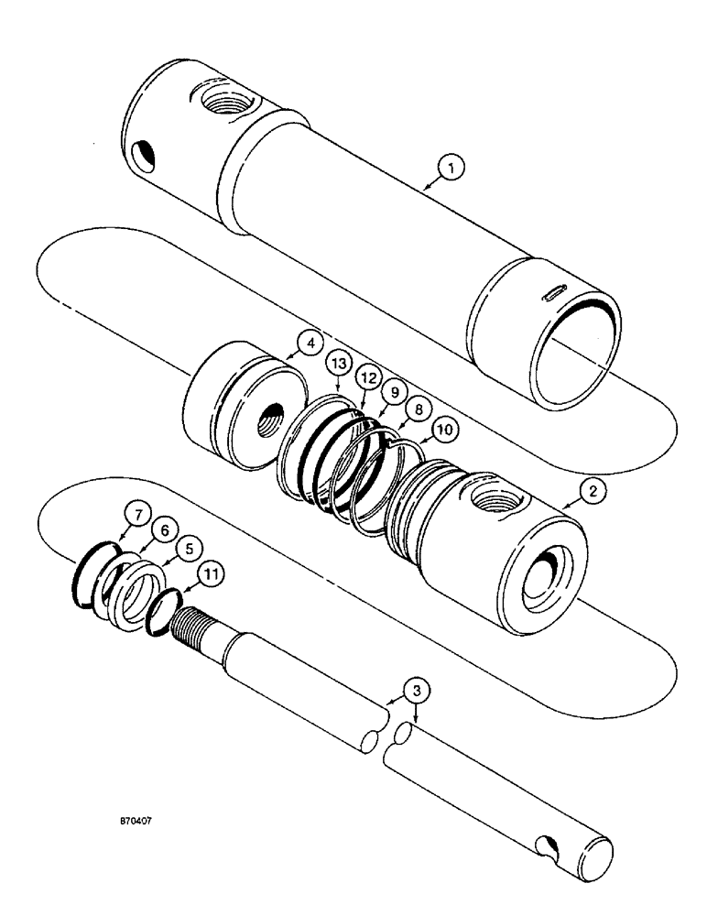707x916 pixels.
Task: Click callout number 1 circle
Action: click(451, 167)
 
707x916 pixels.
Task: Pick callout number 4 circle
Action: click(309, 344)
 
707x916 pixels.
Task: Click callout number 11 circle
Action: click(211, 575)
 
